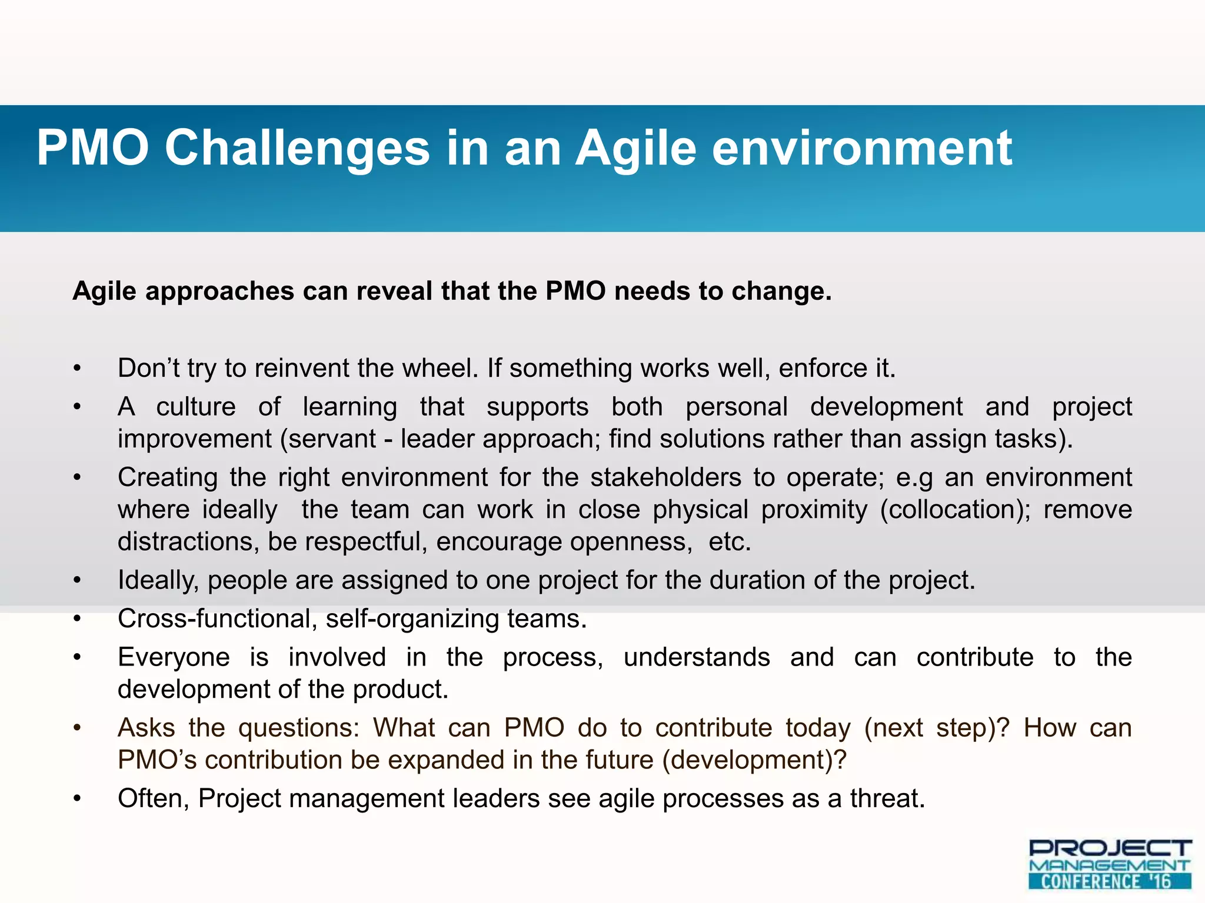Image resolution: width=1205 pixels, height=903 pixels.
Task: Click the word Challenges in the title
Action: pos(297,148)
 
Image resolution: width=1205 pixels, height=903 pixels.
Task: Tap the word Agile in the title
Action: pos(635,148)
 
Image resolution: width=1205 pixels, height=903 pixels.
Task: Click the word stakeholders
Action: pos(665,477)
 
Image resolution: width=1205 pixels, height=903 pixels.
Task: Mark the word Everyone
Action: pos(174,657)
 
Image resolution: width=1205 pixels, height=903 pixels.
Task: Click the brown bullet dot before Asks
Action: pos(76,728)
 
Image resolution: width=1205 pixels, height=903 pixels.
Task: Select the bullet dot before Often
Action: pos(76,799)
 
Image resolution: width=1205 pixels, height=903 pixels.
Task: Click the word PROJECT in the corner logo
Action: pos(1110,848)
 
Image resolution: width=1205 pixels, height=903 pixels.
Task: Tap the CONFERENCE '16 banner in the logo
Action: pos(1110,881)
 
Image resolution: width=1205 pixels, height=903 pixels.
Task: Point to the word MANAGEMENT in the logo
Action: pos(1110,865)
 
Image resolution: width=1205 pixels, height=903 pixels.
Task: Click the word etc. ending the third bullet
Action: pos(730,541)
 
